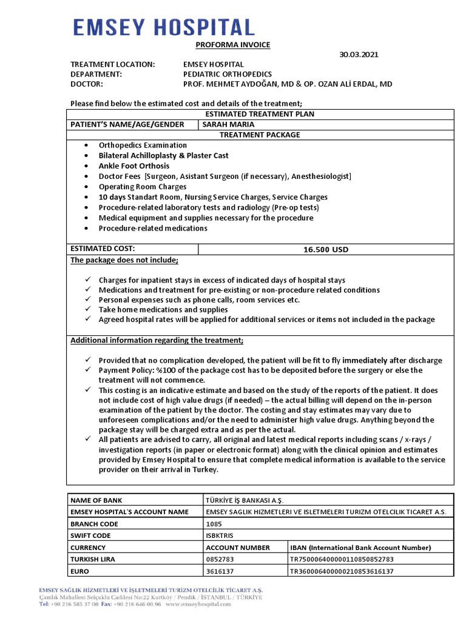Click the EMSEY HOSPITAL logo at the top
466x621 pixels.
coord(164,27)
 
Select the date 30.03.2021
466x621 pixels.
coord(358,55)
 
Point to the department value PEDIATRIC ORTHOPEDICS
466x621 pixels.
coord(228,74)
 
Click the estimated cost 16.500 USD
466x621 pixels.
coord(326,249)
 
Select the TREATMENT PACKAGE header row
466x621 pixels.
coord(260,135)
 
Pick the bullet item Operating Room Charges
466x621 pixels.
coord(143,187)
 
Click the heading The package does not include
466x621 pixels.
coord(124,260)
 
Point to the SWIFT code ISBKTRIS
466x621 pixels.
coord(220,535)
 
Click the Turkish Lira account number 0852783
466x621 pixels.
coord(220,559)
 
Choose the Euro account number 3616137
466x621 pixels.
coord(219,571)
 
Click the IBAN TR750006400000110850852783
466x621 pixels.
coord(342,559)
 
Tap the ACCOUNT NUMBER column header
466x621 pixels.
coord(238,548)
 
